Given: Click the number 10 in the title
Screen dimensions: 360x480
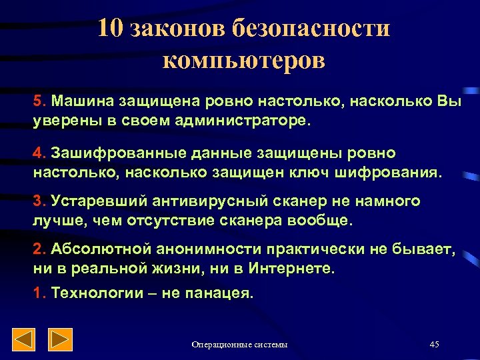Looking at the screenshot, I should (x=111, y=29).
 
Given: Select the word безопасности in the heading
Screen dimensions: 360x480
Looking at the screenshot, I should (x=311, y=29).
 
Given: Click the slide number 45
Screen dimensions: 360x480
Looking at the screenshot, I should (x=435, y=344).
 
